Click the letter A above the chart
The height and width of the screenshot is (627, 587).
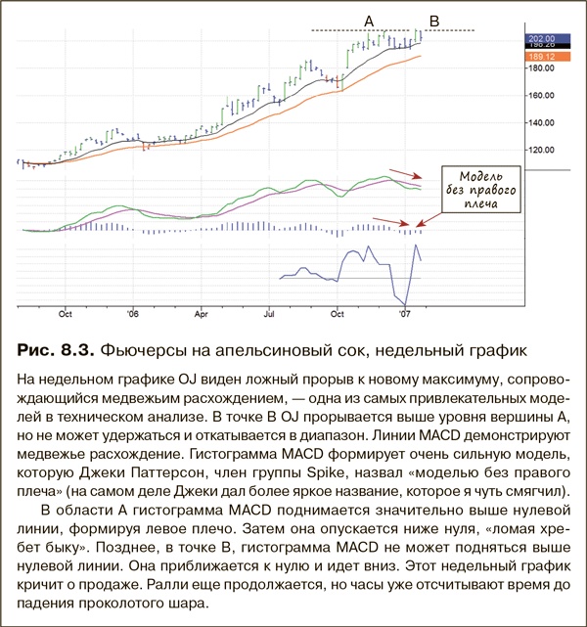369,20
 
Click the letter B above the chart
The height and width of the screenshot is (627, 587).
434,20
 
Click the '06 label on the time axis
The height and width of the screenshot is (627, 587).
133,314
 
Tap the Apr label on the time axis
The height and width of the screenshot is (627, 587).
202,314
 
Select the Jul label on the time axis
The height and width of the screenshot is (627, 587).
268,314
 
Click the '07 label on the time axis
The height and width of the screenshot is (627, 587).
404,314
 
